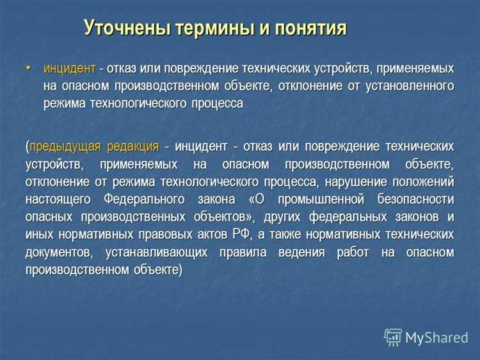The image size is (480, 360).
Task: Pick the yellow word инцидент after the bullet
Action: (70, 68)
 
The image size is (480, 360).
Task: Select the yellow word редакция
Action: (132, 146)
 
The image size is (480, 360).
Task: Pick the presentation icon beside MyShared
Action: (393, 337)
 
